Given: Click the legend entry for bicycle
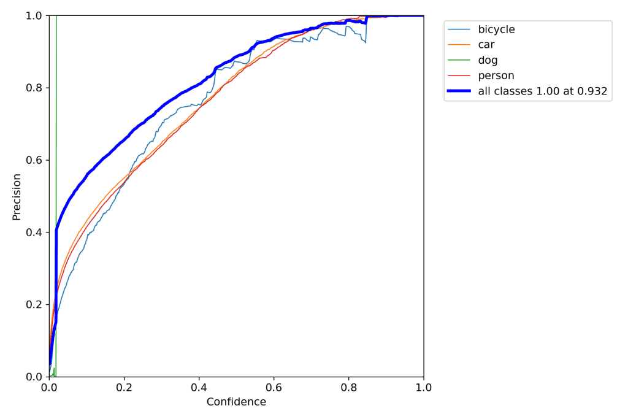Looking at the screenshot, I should [496, 29].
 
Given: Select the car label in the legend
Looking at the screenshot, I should [486, 45].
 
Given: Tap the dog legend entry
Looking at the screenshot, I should [488, 60].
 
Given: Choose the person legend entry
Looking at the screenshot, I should [496, 75].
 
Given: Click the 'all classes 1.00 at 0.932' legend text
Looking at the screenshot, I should [542, 91].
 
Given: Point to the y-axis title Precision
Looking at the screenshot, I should [17, 196].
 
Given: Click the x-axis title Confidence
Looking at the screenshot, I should [236, 402].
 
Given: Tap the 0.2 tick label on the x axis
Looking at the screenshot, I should [124, 388].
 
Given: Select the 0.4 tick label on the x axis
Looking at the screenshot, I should [199, 388].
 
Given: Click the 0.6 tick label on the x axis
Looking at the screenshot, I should [274, 388].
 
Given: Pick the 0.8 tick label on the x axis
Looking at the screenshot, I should [348, 388].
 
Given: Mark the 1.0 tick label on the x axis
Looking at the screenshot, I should [423, 388].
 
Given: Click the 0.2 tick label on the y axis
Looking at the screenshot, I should [34, 305].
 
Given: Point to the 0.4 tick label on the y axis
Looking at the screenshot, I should [34, 233].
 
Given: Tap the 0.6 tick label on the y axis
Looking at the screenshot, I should [34, 160].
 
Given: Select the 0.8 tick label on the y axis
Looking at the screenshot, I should [34, 88].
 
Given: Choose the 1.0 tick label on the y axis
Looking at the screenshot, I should [34, 16].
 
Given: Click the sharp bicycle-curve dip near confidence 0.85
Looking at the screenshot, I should [366, 42].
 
